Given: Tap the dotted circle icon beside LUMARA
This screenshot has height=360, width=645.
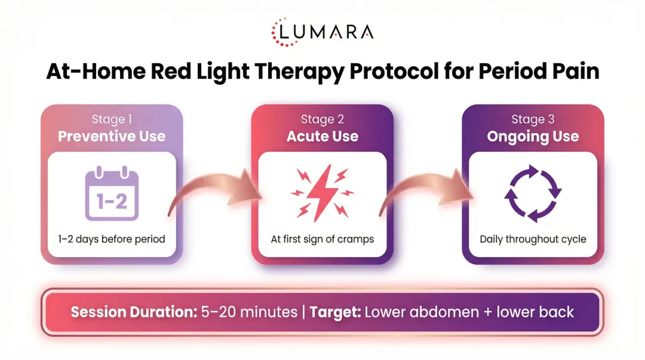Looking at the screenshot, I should pyautogui.click(x=282, y=32).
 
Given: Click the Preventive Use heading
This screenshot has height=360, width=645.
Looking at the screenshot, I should pyautogui.click(x=112, y=136).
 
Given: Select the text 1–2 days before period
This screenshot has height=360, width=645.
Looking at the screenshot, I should pyautogui.click(x=112, y=239).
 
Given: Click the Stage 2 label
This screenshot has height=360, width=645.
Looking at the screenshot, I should pyautogui.click(x=322, y=119).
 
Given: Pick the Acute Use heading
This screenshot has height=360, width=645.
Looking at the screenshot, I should pyautogui.click(x=322, y=136).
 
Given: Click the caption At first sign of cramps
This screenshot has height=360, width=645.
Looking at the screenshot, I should pyautogui.click(x=322, y=239).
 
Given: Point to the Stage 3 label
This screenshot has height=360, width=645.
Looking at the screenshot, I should pyautogui.click(x=533, y=119).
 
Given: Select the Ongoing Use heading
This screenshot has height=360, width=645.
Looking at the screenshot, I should pyautogui.click(x=533, y=136).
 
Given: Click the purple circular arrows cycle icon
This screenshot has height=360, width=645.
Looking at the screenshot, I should pyautogui.click(x=533, y=193).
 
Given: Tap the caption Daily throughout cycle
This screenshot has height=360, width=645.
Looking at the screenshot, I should pyautogui.click(x=533, y=239).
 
